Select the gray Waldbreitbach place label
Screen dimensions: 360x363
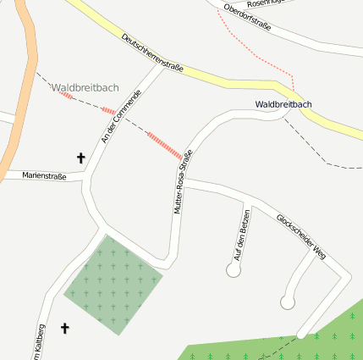coord(85,87)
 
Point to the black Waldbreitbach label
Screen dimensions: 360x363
coord(283,104)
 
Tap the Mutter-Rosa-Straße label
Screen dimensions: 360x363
coord(183,181)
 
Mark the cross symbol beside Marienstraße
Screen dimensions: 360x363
coord(81,158)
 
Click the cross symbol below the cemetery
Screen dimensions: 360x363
coord(64,328)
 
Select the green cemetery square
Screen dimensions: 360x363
coord(113,283)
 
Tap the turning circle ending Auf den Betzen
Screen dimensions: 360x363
coord(234,270)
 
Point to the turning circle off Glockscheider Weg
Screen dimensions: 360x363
coord(288,302)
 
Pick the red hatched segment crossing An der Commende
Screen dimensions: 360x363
coord(108,111)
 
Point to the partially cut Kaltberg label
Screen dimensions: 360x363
coord(37,343)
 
